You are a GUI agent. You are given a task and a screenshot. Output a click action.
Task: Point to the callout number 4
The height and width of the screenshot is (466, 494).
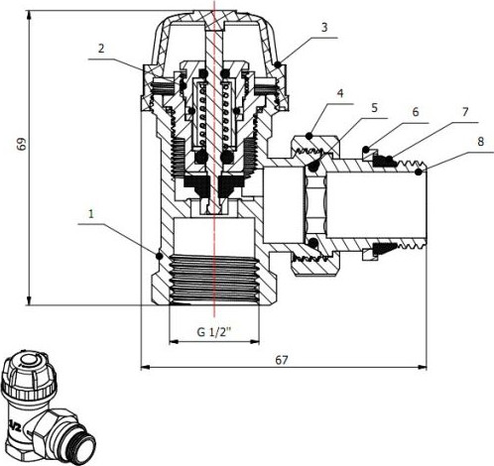pyautogui.click(x=340, y=95)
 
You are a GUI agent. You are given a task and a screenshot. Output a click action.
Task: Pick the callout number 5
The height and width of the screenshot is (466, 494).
pyautogui.click(x=374, y=106)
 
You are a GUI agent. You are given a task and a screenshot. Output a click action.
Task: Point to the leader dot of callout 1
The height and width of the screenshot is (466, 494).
pyautogui.click(x=159, y=256)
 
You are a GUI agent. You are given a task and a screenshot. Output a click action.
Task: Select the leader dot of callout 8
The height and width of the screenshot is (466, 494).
pyautogui.click(x=422, y=173)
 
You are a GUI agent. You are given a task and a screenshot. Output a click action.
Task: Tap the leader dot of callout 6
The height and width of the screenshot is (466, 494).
pyautogui.click(x=366, y=151)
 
